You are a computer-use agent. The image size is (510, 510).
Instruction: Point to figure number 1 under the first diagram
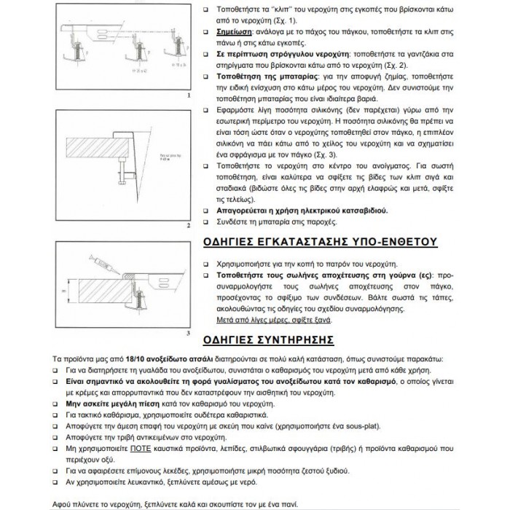pyautogui.click(x=189, y=95)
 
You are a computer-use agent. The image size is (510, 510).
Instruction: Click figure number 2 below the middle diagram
pyautogui.click(x=189, y=226)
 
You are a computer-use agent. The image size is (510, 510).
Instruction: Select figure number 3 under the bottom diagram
pyautogui.click(x=189, y=333)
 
